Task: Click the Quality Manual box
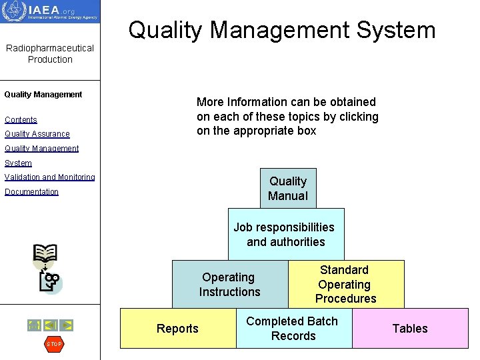(x=288, y=188)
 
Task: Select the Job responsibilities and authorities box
(x=285, y=234)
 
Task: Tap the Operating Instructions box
(x=229, y=284)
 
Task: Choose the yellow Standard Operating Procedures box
(x=346, y=284)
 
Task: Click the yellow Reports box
(x=177, y=328)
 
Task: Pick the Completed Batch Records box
(x=293, y=328)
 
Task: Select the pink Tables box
(x=410, y=328)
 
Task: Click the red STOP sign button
(x=54, y=344)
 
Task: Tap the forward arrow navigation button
(x=67, y=325)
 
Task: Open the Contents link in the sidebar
(x=21, y=120)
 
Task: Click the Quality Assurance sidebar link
(x=37, y=134)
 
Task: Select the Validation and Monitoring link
(x=50, y=177)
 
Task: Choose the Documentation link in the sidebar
(x=31, y=192)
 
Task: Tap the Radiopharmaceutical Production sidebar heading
(x=50, y=53)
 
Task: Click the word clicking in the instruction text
(x=357, y=117)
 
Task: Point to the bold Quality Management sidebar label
(x=43, y=95)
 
